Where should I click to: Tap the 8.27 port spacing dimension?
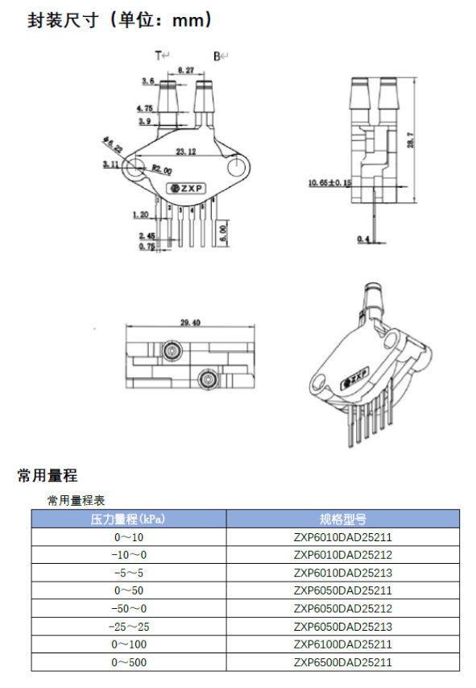click(185, 70)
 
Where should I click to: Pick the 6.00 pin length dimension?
click(222, 232)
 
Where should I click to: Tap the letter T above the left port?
click(158, 56)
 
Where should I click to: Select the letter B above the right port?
click(216, 56)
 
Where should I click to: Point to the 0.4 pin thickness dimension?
click(363, 240)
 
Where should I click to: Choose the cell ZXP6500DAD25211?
click(342, 662)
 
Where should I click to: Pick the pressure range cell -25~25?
click(129, 626)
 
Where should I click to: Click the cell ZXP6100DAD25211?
click(342, 644)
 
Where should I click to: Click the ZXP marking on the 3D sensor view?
click(354, 376)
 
